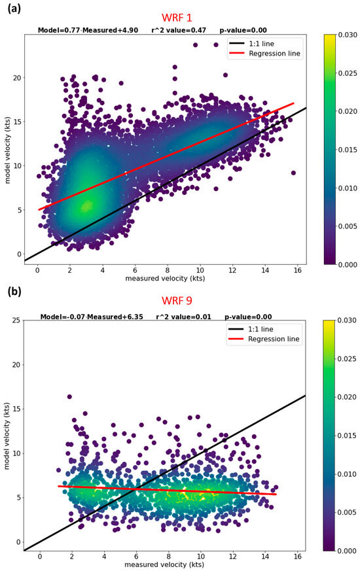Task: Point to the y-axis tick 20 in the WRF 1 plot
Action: coord(14,77)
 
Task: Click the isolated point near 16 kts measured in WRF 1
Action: coord(293,173)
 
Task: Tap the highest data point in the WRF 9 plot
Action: coord(69,396)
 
